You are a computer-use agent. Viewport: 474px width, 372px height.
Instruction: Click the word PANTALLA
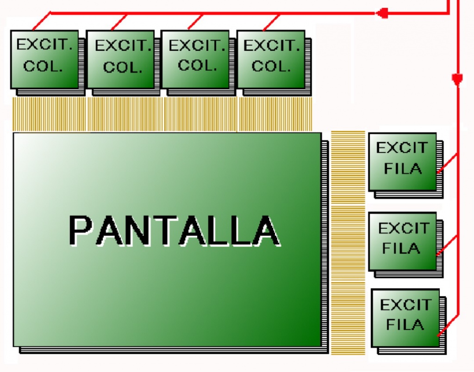pos(174,230)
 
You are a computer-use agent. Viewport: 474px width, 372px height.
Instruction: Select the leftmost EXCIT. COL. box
pos(44,59)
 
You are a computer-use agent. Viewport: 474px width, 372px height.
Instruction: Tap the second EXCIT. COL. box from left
pos(120,59)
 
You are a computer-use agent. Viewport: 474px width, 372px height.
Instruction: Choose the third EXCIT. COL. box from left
pos(195,59)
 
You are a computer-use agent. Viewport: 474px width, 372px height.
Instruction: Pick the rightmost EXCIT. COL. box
pos(271,59)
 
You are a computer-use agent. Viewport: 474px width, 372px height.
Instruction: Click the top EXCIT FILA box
pos(402,161)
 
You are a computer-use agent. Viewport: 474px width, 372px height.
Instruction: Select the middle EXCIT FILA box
pos(402,241)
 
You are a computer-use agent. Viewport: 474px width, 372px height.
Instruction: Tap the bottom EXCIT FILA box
pos(405,317)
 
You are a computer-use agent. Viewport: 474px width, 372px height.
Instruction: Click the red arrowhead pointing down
pos(457,80)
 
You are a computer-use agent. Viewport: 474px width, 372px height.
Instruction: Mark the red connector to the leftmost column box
pos(42,21)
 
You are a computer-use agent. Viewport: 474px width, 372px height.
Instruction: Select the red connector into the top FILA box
pos(447,163)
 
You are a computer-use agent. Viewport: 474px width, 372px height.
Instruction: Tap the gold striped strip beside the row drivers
pos(348,243)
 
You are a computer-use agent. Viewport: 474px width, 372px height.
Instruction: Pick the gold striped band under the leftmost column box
pos(49,114)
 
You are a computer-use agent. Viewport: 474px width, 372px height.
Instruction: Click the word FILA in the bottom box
pos(405,325)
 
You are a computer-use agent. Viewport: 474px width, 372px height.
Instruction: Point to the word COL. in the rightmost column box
pos(271,66)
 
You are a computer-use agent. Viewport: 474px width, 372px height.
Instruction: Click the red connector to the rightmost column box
pos(272,22)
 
